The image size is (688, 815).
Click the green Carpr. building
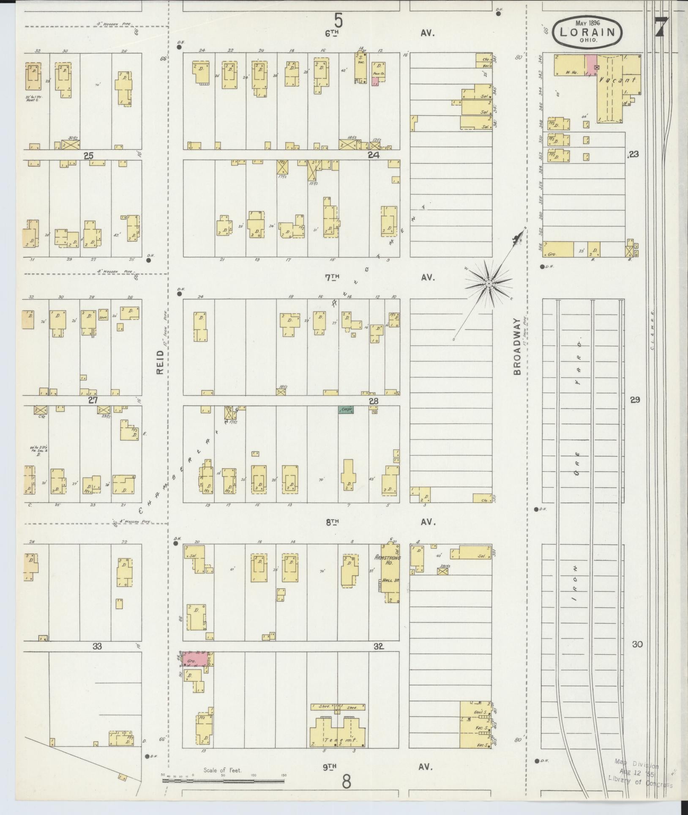346,409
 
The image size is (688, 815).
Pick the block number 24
374,155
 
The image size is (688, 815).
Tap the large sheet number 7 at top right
661,27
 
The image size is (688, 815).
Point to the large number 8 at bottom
346,783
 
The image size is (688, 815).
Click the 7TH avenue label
333,277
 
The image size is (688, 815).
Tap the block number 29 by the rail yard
635,400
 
